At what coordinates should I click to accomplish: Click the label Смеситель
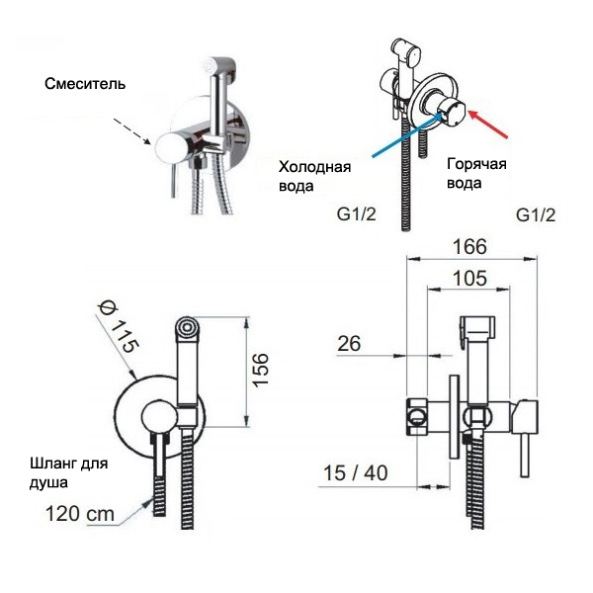(85, 84)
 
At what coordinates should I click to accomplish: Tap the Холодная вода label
(313, 175)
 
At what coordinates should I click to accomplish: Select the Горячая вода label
(476, 173)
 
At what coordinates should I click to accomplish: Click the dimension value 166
(471, 247)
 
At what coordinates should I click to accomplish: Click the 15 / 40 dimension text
(355, 473)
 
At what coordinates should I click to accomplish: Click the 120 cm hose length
(79, 514)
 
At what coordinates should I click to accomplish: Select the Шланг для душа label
(67, 472)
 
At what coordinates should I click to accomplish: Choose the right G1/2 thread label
(536, 214)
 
